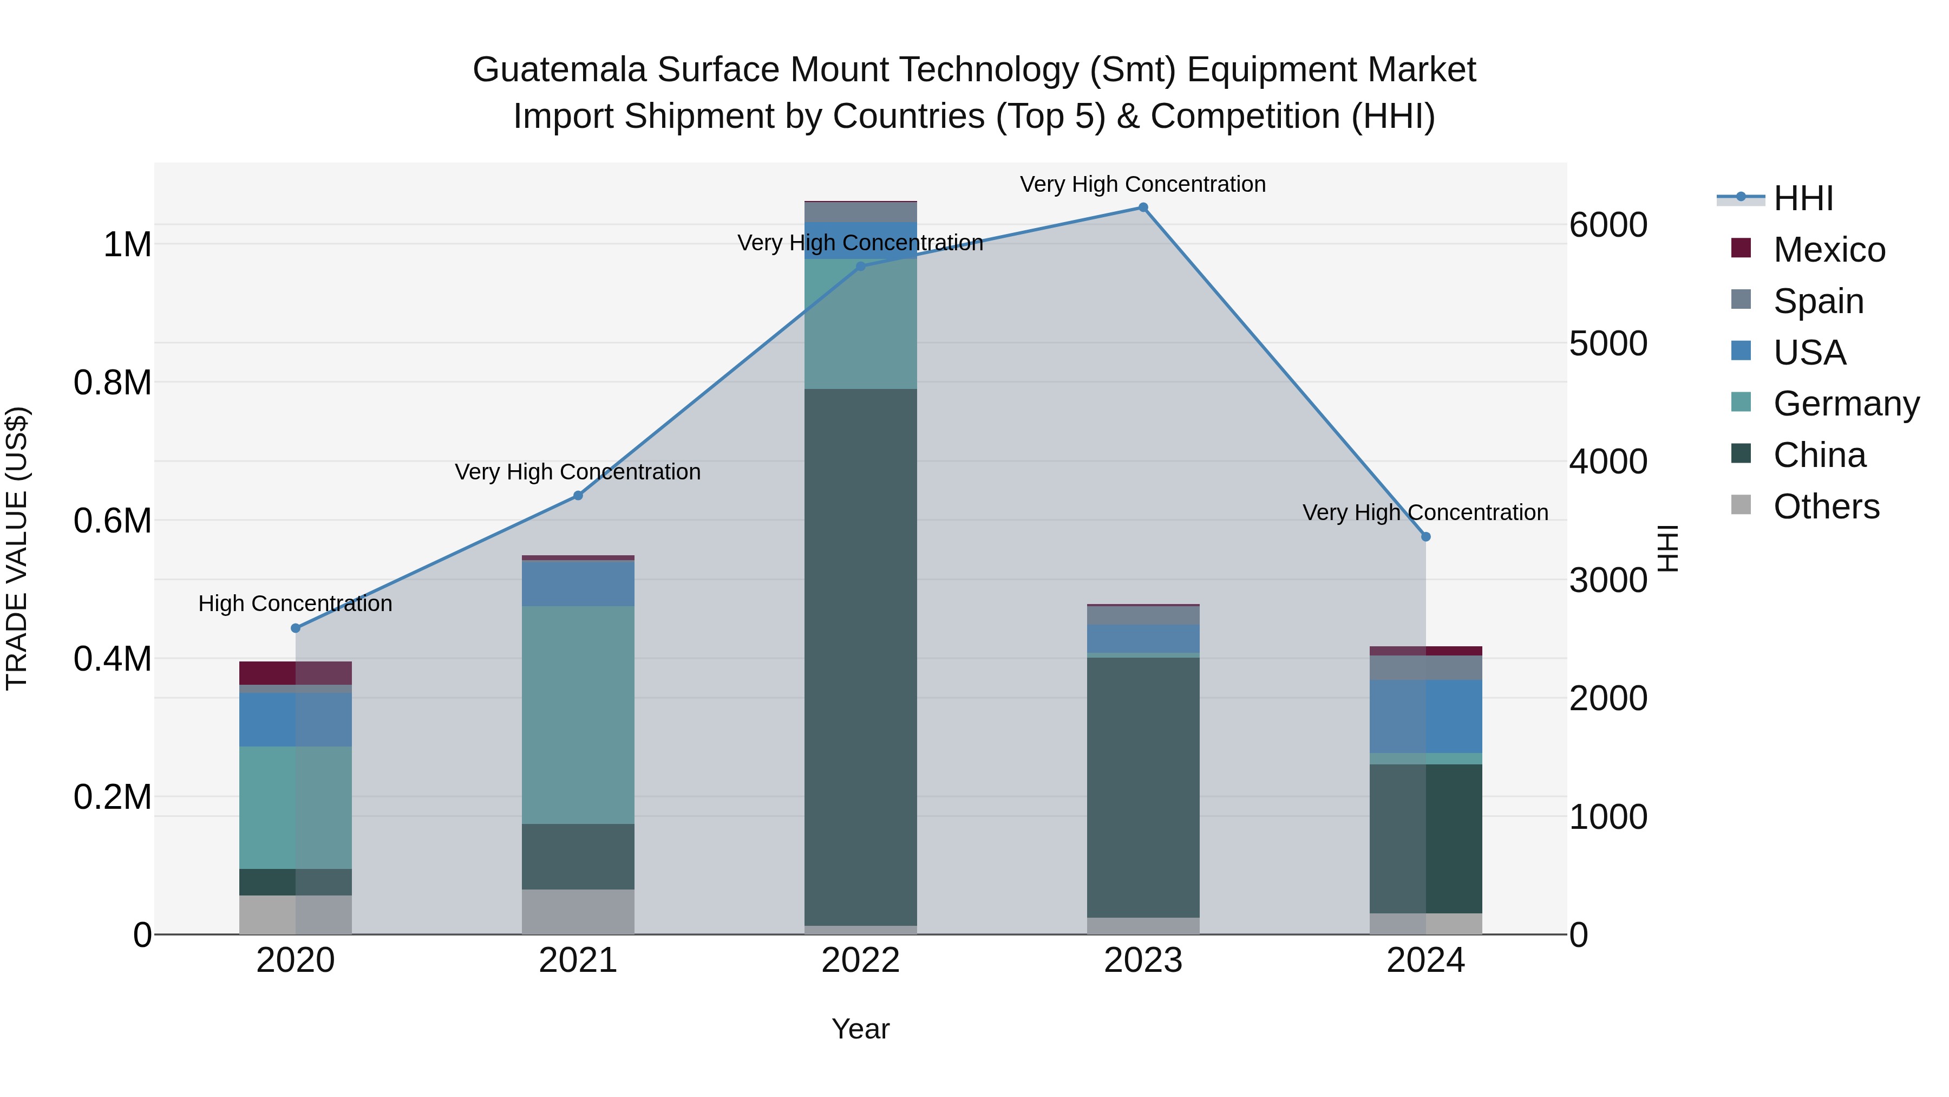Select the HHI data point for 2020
(296, 628)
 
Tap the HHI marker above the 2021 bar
(578, 495)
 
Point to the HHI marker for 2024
(1425, 537)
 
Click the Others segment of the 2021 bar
(578, 912)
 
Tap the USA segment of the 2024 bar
(1425, 716)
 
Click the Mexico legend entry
(1829, 250)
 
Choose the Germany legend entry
(1846, 404)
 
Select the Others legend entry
(1826, 507)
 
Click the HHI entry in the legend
(1803, 198)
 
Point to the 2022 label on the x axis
(860, 960)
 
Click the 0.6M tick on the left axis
(113, 521)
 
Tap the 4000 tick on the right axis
(1608, 462)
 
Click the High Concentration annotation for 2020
(295, 603)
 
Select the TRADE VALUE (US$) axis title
(17, 548)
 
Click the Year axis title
(860, 1029)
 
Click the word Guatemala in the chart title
(560, 70)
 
